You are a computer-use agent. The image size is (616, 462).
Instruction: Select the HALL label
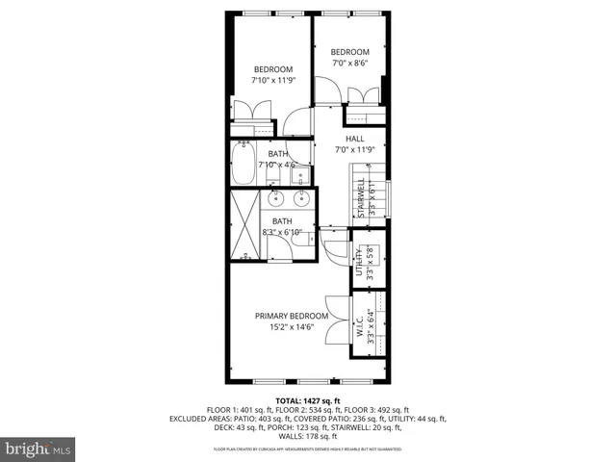pyautogui.click(x=355, y=139)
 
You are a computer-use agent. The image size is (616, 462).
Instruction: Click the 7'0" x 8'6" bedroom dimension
pyautogui.click(x=349, y=64)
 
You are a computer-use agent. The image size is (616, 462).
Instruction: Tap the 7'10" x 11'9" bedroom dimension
pyautogui.click(x=273, y=81)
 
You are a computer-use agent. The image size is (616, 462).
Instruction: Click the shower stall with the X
pyautogui.click(x=245, y=225)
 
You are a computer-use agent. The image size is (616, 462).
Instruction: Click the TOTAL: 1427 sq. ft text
pyautogui.click(x=308, y=400)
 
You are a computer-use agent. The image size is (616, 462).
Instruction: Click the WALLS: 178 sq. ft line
pyautogui.click(x=308, y=436)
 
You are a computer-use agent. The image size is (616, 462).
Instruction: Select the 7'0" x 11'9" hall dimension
pyautogui.click(x=355, y=149)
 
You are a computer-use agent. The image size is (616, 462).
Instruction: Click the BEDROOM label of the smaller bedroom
pyautogui.click(x=349, y=52)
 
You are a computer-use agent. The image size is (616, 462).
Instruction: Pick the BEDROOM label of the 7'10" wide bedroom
pyautogui.click(x=273, y=69)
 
